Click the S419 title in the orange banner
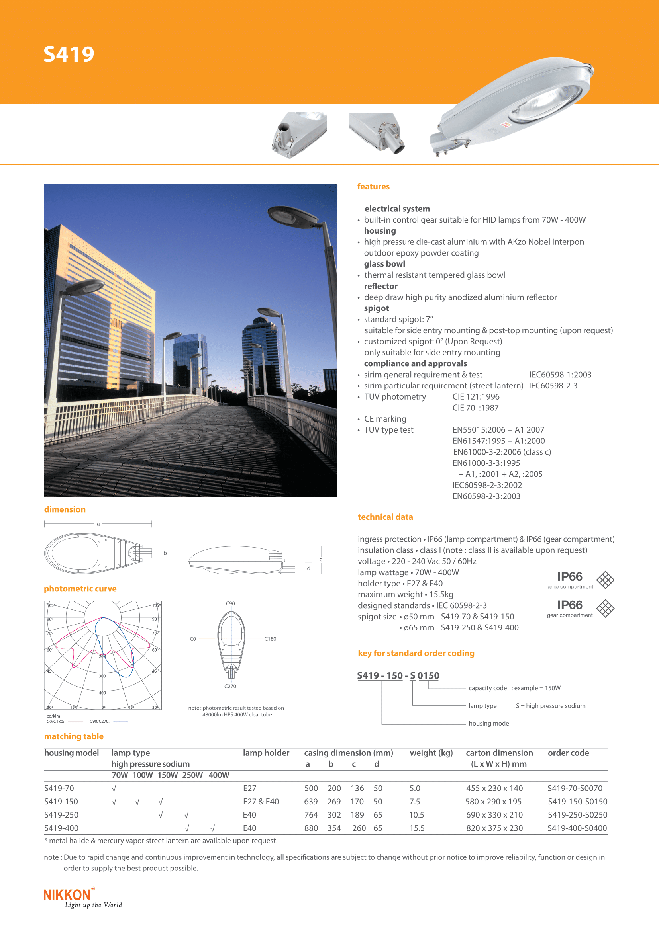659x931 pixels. tap(69, 55)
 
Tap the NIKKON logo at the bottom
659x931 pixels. tap(67, 894)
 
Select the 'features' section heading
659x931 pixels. tap(373, 187)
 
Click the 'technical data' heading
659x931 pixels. tap(385, 517)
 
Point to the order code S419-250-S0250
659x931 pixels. tap(577, 815)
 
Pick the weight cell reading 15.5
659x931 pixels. tap(417, 828)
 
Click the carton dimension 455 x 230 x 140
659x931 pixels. tap(494, 788)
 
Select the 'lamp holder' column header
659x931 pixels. tap(266, 753)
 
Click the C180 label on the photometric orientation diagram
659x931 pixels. tap(270, 639)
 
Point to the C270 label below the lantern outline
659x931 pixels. tap(230, 686)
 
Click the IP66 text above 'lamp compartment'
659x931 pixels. tap(569, 577)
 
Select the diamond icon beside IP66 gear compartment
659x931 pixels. tap(605, 608)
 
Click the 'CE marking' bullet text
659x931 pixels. tap(385, 419)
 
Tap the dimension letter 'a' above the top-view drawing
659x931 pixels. tap(98, 524)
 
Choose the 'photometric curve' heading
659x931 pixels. tap(80, 589)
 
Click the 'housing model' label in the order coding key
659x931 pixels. tap(489, 723)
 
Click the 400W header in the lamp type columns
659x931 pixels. tap(219, 775)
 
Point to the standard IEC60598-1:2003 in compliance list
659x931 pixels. tap(560, 375)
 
